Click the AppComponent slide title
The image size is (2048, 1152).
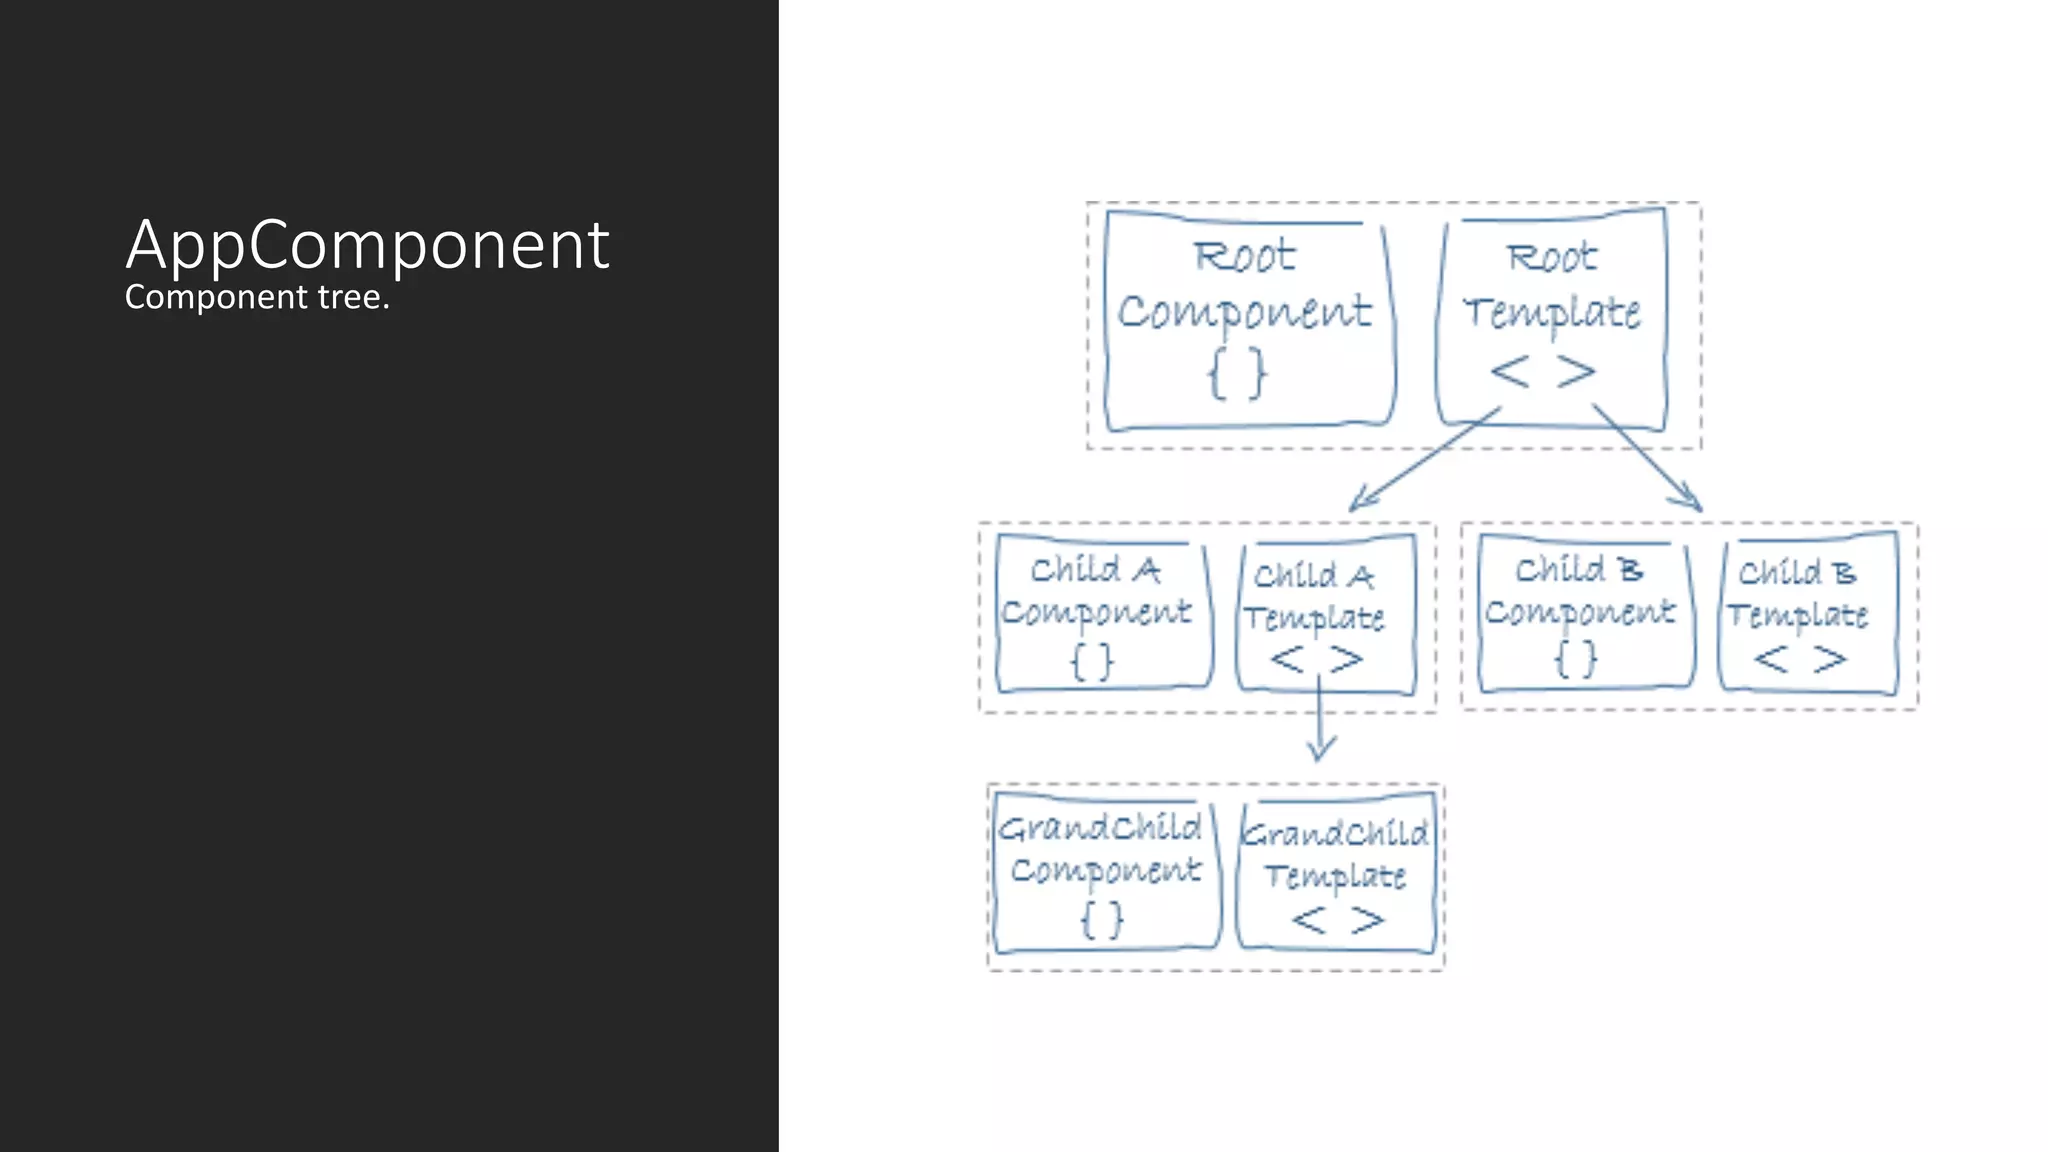[367, 245]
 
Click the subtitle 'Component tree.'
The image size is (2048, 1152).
[257, 297]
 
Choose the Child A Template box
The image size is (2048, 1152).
[1325, 615]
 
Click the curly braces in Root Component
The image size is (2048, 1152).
[1238, 374]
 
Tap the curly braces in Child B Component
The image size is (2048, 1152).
[1576, 659]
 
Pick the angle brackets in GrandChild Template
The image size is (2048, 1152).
[1338, 920]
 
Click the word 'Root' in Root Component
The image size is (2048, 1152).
[1245, 257]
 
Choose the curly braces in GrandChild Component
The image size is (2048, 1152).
[1102, 919]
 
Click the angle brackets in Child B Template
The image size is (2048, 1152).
[1800, 659]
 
